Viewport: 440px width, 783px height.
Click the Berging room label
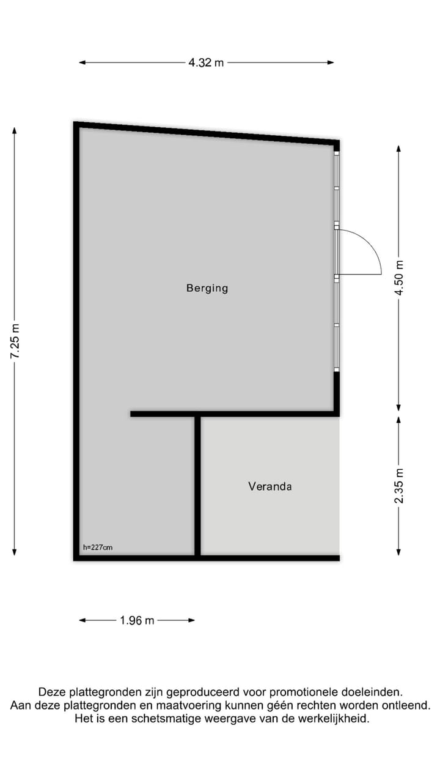tap(207, 288)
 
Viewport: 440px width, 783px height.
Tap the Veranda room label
tap(270, 486)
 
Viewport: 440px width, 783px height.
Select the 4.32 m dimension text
tap(206, 62)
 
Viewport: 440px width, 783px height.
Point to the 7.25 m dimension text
tap(15, 342)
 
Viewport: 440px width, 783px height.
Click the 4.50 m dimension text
tap(398, 278)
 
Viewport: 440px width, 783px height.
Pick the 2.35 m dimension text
tap(398, 486)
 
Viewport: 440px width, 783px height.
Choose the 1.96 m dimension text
tap(137, 620)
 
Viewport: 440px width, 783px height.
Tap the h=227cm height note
tap(98, 547)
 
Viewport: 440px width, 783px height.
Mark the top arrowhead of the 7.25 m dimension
tap(15, 130)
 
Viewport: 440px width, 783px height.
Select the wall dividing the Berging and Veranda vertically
tap(197, 486)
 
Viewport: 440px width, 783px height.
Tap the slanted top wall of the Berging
tap(206, 133)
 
